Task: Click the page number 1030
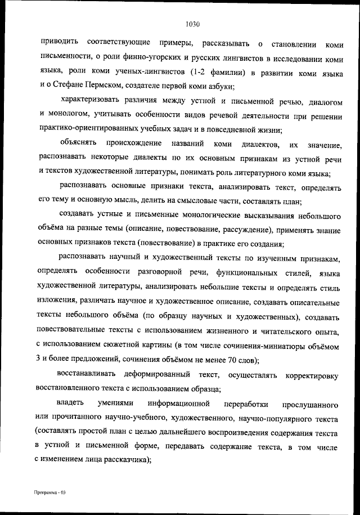pos(192,24)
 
